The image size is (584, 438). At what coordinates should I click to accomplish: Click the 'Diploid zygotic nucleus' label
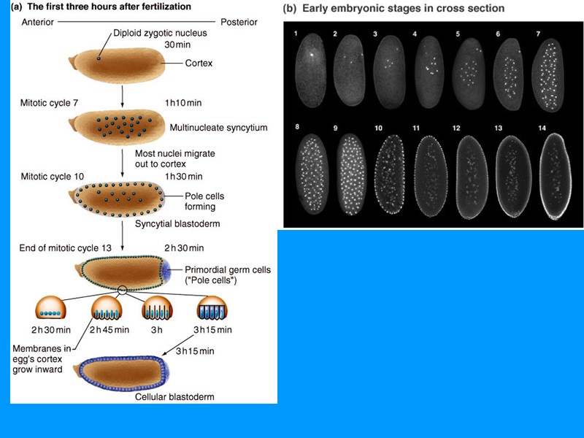click(x=161, y=33)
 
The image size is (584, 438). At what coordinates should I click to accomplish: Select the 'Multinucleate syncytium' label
click(x=218, y=128)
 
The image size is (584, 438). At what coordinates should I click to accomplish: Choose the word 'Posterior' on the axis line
click(x=238, y=22)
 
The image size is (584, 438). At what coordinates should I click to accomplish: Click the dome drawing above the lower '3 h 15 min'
click(x=211, y=309)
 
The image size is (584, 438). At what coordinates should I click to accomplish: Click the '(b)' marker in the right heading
click(x=290, y=9)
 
